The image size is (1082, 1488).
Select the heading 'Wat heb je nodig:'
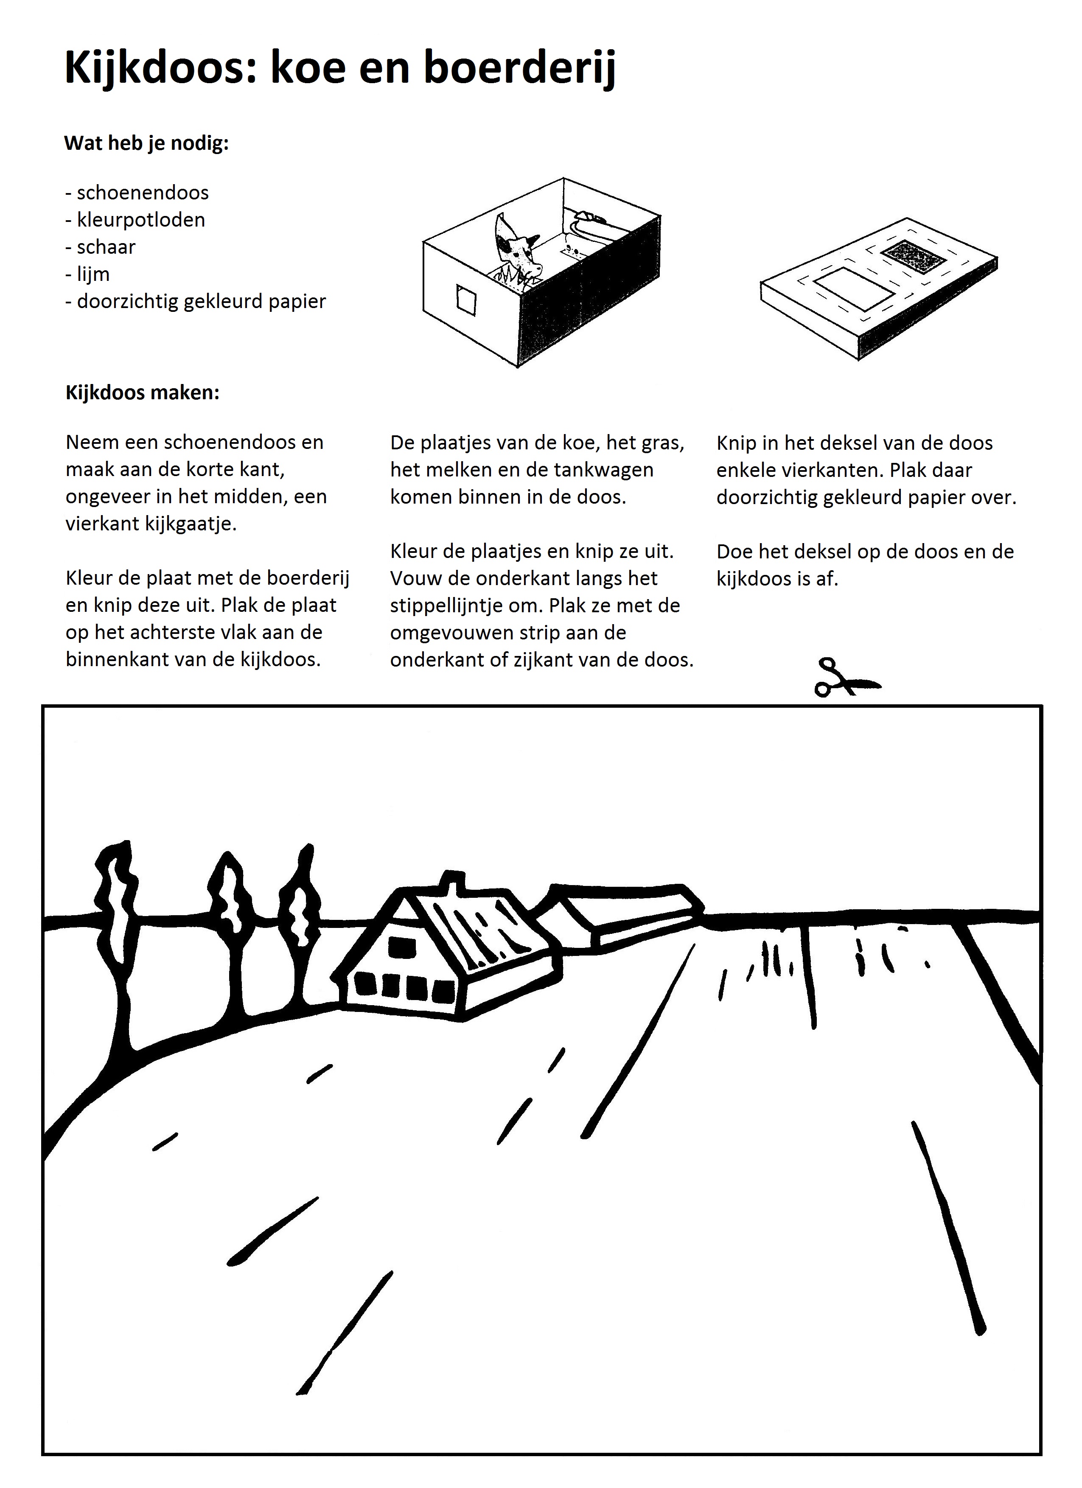146,143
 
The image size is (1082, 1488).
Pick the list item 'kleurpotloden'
140,220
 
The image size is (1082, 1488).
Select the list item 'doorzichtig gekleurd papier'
201,302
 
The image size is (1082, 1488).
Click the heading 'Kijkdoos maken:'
143,392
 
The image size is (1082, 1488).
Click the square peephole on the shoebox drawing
466,302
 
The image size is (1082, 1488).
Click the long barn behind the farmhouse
630,912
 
